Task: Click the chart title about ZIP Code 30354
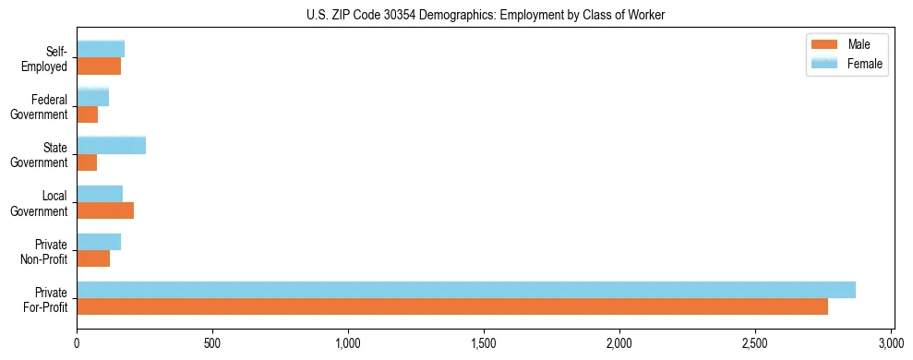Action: click(x=486, y=15)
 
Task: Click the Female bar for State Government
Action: click(x=111, y=145)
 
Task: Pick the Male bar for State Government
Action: click(x=87, y=162)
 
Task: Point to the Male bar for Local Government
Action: click(x=105, y=210)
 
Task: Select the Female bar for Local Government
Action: click(x=100, y=194)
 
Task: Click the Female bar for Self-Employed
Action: click(x=101, y=49)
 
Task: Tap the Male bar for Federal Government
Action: click(x=88, y=114)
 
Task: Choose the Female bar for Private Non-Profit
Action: click(x=99, y=242)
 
